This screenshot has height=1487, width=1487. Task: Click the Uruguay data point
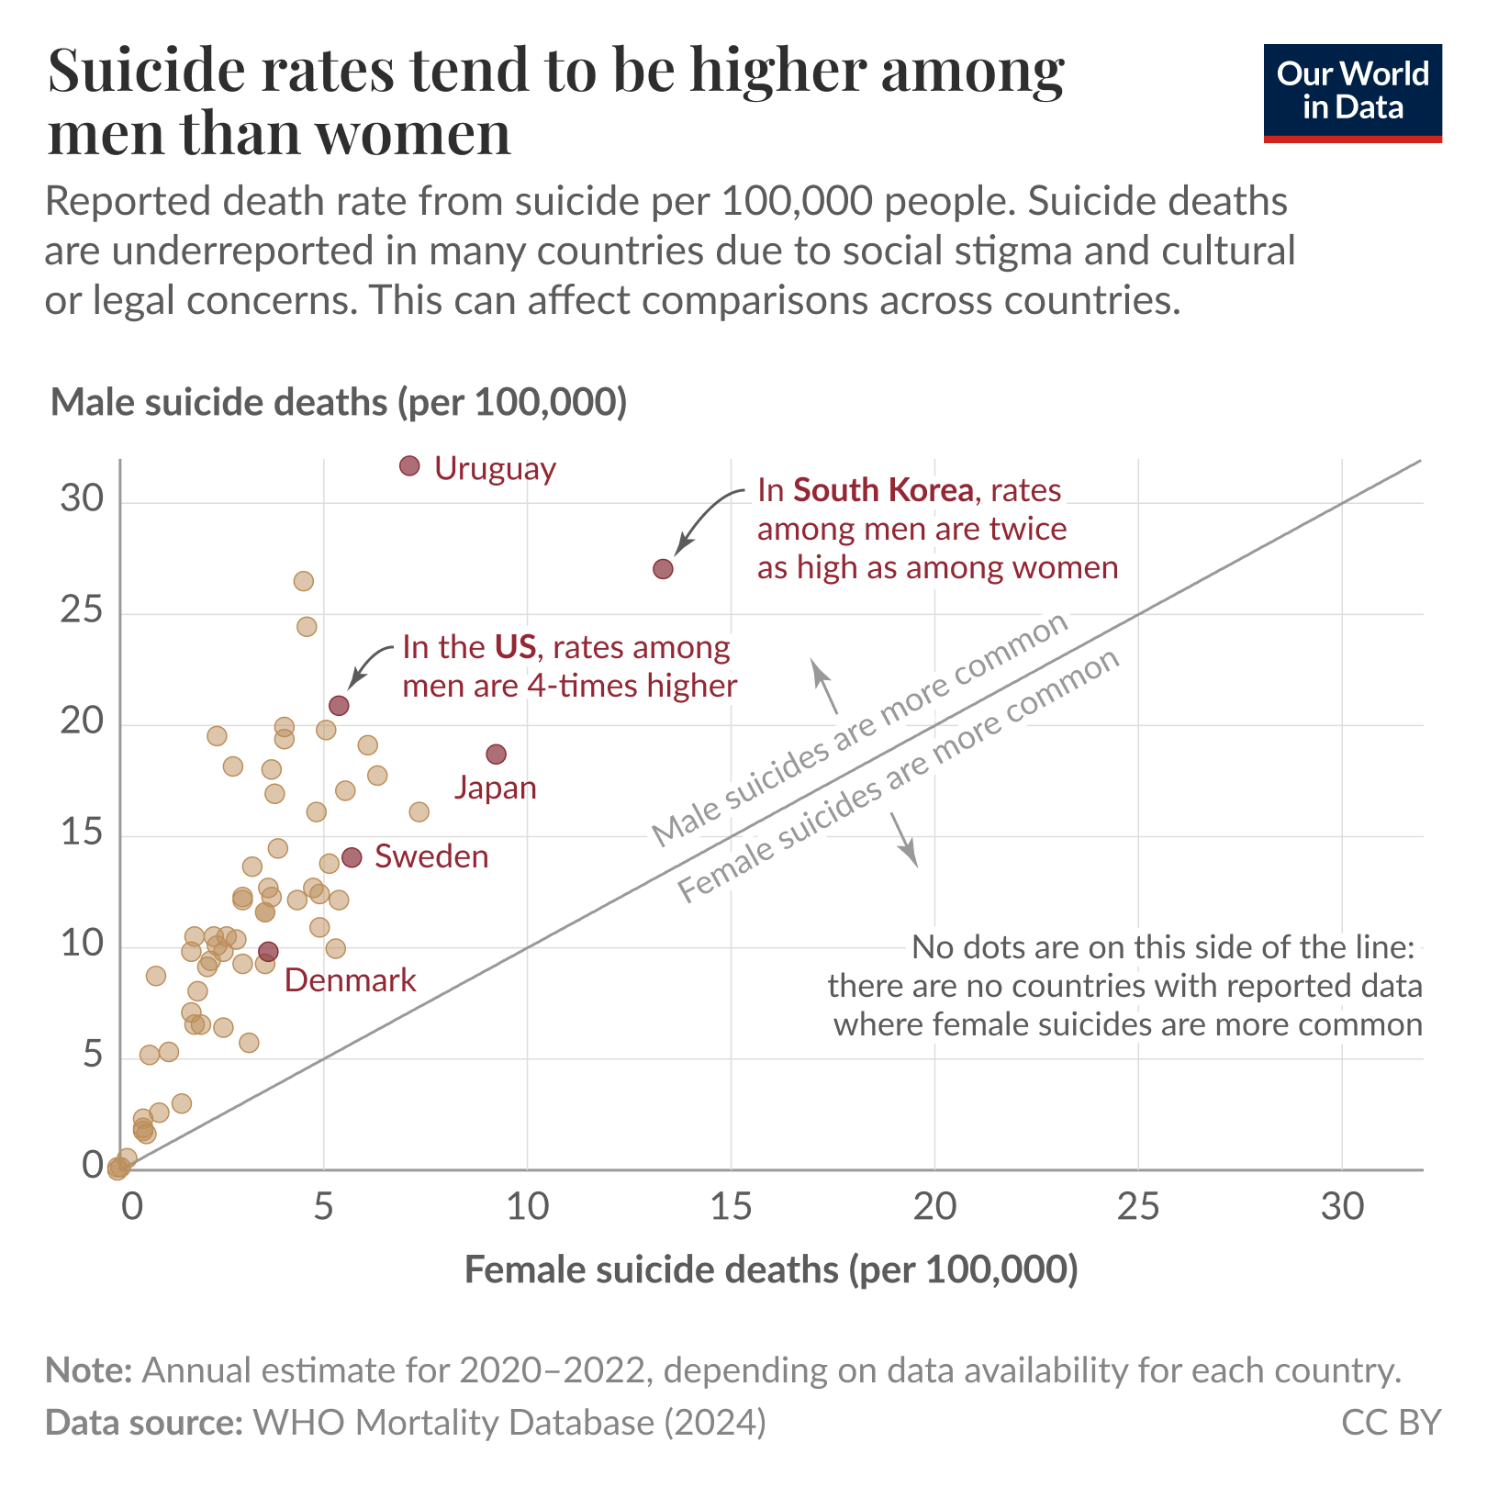pos(409,466)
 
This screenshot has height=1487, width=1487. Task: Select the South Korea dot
pos(663,569)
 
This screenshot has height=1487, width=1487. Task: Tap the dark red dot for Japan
pos(496,755)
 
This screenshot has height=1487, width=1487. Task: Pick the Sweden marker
pos(352,857)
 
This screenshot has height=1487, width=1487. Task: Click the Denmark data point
pos(268,952)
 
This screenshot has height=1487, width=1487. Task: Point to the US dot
pos(339,706)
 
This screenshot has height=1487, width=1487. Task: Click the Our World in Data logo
pos(1352,92)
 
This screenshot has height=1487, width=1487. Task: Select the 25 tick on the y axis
pos(83,610)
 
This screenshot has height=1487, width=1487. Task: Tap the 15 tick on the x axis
pos(731,1207)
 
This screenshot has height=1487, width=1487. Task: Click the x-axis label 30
pos(1342,1207)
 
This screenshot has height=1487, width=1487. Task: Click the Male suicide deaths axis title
pos(339,403)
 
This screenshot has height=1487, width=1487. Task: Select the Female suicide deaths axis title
pos(771,1269)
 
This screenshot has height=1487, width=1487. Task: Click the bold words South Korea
pos(882,490)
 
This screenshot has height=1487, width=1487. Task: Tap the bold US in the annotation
pos(515,647)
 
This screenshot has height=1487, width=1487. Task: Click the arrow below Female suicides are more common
pos(903,840)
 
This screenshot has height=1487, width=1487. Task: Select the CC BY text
pos(1391,1422)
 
